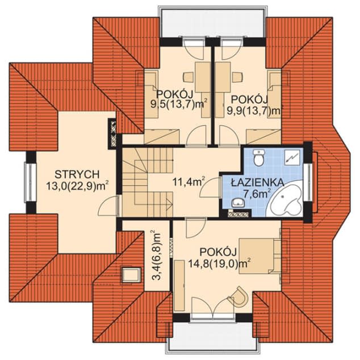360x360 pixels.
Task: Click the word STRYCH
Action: (77, 174)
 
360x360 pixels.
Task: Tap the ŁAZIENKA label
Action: (257, 183)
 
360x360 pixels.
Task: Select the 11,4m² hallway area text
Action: (189, 182)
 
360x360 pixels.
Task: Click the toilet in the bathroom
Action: (259, 157)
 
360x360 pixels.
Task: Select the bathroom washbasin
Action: (238, 203)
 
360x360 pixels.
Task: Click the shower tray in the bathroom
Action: (292, 157)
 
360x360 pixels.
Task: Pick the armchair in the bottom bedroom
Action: (239, 296)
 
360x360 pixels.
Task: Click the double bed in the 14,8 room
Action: (259, 256)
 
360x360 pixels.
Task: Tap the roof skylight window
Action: (131, 274)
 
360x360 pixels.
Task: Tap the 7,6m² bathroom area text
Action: (257, 194)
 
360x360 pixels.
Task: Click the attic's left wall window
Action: (30, 182)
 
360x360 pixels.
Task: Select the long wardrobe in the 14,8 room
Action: (179, 286)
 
